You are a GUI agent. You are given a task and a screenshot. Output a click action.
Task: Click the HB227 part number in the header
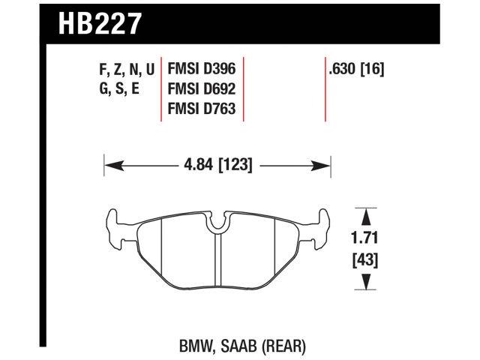click(x=98, y=25)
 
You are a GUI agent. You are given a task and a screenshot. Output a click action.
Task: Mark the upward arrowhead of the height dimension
click(x=366, y=216)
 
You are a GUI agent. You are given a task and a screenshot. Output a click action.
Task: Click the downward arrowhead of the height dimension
click(x=366, y=282)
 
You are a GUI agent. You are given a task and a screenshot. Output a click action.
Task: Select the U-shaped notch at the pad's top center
click(x=217, y=220)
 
